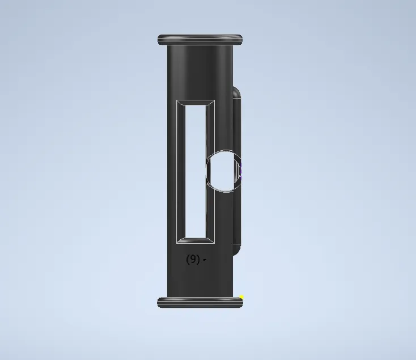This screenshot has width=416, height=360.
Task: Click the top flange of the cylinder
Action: point(200,40)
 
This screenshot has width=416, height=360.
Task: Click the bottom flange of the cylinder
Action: point(200,303)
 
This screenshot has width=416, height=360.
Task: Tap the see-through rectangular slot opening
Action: point(196,172)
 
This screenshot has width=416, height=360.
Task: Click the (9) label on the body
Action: point(193,259)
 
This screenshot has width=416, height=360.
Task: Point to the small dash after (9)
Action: point(205,260)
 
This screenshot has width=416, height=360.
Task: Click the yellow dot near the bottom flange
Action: point(241,297)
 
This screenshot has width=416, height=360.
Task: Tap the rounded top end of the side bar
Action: point(236,93)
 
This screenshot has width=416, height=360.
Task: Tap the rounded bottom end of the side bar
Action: point(236,249)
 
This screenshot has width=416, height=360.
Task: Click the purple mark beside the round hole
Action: point(240,172)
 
